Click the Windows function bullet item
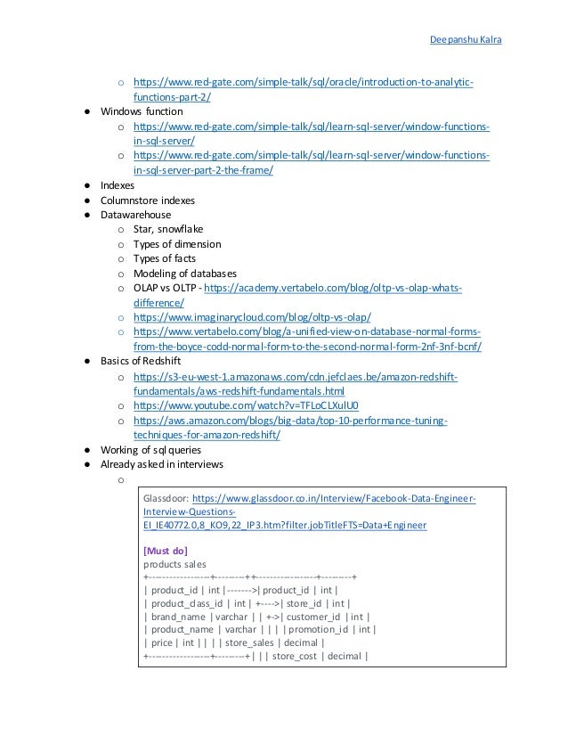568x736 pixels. pyautogui.click(x=142, y=112)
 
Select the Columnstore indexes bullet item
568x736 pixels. pyautogui.click(x=148, y=200)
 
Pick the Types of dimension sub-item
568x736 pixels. pyautogui.click(x=177, y=244)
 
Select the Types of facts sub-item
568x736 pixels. pyautogui.click(x=166, y=258)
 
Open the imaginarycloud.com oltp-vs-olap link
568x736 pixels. pyautogui.click(x=252, y=317)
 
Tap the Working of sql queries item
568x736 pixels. pyautogui.click(x=150, y=449)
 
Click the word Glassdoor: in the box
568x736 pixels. pyautogui.click(x=166, y=499)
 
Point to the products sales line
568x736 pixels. pyautogui.click(x=174, y=564)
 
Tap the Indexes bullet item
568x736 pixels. pyautogui.click(x=118, y=185)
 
